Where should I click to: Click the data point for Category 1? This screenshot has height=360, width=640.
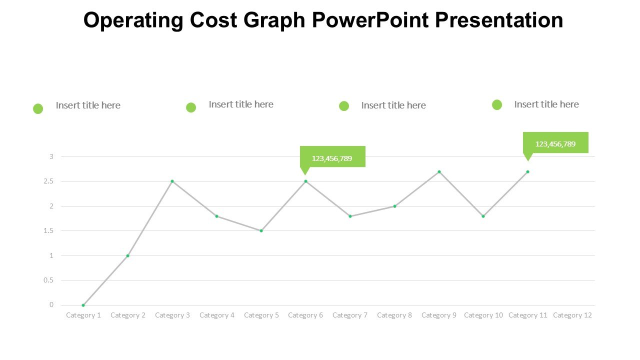(83, 305)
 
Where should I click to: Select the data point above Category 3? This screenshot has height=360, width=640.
(172, 181)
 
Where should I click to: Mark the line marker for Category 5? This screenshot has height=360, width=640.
(261, 230)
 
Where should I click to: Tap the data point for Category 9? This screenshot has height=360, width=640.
(439, 171)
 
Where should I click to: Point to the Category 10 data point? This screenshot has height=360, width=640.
(483, 216)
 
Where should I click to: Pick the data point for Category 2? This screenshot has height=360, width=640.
(127, 255)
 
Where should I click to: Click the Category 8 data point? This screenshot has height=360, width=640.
(394, 206)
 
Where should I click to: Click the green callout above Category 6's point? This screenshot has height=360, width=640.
(332, 157)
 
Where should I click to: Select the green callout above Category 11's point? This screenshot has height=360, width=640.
(555, 143)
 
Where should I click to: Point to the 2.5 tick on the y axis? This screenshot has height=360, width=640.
(48, 181)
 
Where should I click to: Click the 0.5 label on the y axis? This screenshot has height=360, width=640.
(48, 280)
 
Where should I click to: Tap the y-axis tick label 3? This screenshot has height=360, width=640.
(51, 157)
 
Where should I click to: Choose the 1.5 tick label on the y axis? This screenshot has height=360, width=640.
(48, 231)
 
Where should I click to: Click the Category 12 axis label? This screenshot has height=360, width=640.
(572, 315)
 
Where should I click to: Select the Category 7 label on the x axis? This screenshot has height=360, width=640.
(350, 315)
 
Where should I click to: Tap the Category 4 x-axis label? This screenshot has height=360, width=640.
(217, 315)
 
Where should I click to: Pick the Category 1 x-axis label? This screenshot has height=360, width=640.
(83, 315)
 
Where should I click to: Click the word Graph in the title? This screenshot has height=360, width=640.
(274, 20)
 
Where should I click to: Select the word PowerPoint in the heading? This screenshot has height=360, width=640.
(370, 20)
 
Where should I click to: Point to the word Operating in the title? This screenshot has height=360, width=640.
(133, 20)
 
